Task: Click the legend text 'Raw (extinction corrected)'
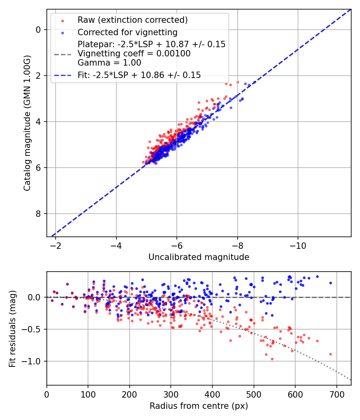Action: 132,20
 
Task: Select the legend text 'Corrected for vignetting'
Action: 127,32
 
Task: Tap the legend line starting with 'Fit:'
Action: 139,75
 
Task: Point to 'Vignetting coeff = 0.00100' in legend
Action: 134,54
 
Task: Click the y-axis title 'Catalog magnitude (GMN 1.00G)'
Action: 27,123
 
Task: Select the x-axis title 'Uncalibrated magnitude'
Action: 199,257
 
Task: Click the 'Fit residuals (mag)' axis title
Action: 12,329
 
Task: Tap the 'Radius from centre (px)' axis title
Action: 199,406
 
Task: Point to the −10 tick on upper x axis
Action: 298,245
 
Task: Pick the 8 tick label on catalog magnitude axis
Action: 38,214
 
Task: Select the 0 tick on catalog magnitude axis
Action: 38,30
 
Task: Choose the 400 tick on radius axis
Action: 212,394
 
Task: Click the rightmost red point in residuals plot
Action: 330,354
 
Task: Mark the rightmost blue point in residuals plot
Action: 330,283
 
